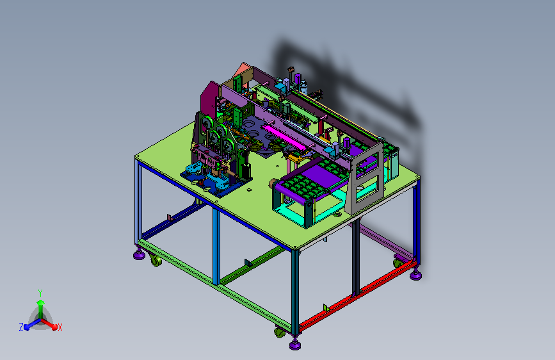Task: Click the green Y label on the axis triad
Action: [x=40, y=293]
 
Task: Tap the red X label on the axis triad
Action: [x=60, y=327]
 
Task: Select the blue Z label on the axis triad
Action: [x=21, y=327]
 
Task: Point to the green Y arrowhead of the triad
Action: [x=41, y=302]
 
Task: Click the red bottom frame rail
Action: [x=357, y=294]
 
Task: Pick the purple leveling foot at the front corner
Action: [x=295, y=344]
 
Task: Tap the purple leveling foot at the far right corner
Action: [x=415, y=275]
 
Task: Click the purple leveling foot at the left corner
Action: [x=139, y=254]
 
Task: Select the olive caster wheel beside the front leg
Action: [x=279, y=332]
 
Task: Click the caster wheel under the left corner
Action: [x=156, y=261]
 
